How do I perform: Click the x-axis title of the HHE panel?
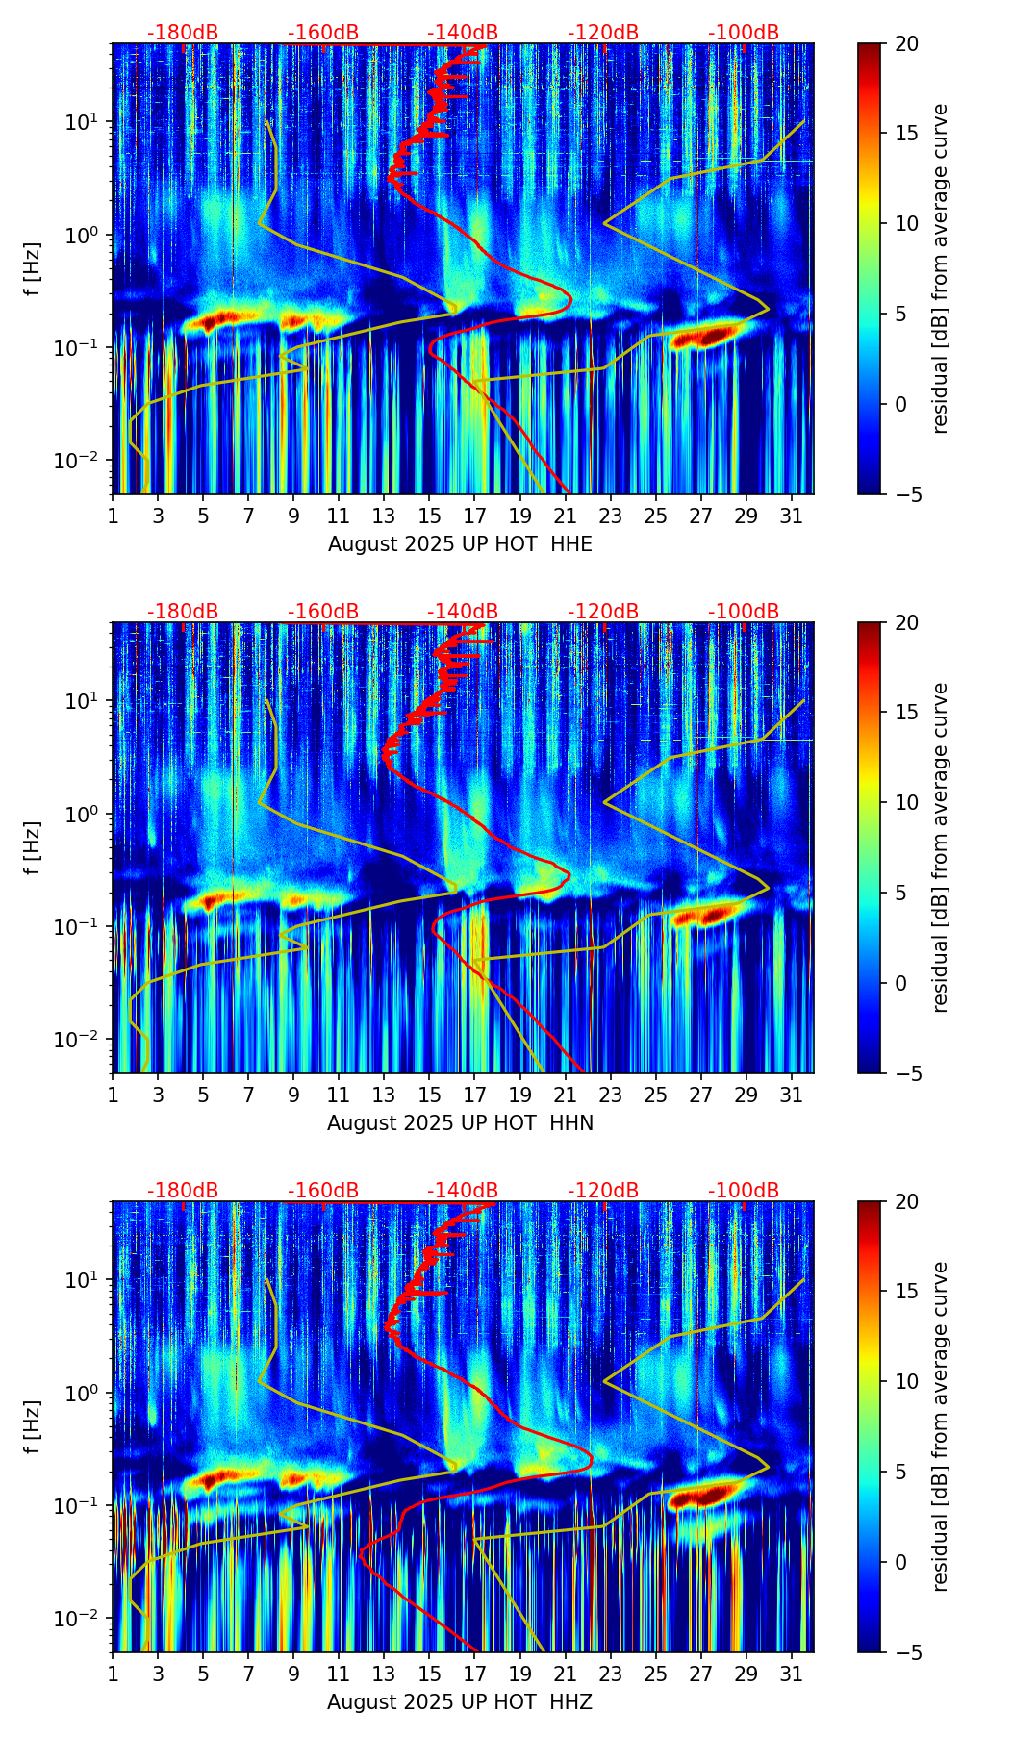tap(460, 544)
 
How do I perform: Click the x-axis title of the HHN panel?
tap(460, 1123)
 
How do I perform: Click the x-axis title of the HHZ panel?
tap(460, 1702)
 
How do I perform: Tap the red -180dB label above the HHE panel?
tap(183, 33)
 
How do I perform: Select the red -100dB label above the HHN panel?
tap(744, 612)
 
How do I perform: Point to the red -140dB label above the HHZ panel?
tap(463, 1191)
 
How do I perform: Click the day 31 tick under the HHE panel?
tap(792, 515)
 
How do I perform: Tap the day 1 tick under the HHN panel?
tap(114, 1094)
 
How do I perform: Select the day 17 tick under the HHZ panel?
tap(475, 1673)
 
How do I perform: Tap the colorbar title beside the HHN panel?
tap(940, 847)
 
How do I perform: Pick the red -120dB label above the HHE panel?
tap(603, 33)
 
